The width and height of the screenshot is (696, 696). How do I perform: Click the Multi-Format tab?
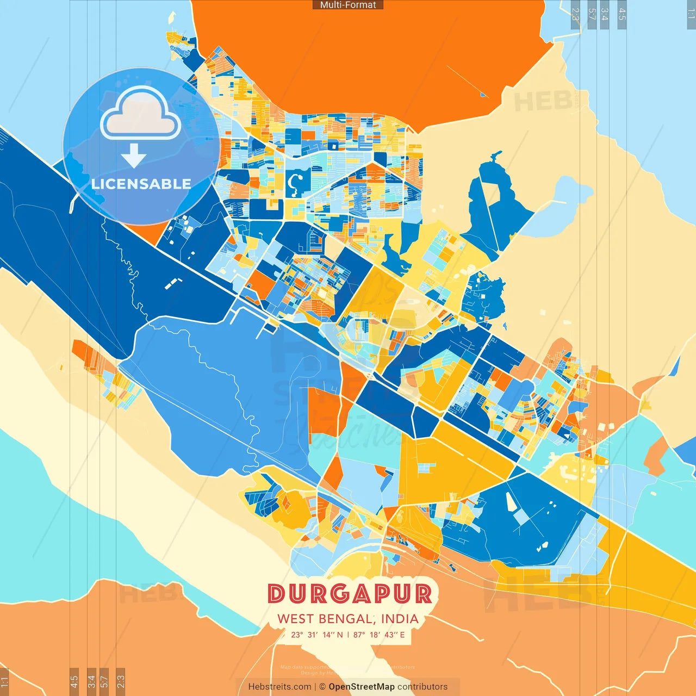coord(348,5)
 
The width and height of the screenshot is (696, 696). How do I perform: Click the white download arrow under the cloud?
coord(134,156)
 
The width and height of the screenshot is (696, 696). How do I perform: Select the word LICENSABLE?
coord(141,184)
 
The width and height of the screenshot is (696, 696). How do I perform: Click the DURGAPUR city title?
coord(350,594)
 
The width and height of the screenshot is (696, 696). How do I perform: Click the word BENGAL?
coord(346,619)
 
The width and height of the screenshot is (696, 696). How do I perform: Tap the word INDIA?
coord(400,619)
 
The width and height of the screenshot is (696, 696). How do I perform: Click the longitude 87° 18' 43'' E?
coord(379,635)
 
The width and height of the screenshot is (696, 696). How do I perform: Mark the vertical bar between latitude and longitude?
coord(348,635)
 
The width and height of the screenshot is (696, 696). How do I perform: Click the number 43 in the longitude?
coord(389,635)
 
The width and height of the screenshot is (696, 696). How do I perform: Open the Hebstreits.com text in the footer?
coord(279,687)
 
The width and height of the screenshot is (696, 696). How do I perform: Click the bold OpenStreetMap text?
coord(362,687)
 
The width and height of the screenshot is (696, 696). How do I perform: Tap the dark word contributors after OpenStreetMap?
coord(422,687)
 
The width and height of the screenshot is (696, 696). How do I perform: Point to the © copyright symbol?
coord(322,687)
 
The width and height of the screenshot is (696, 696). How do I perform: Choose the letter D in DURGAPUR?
coord(277,594)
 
